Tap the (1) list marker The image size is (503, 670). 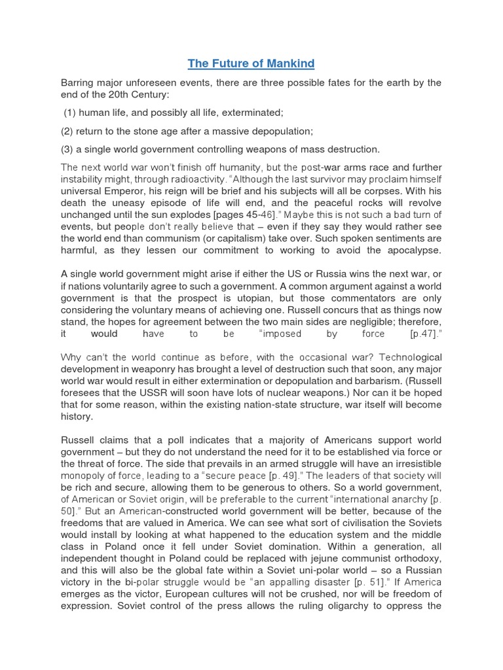pyautogui.click(x=70, y=113)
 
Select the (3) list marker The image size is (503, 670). pyautogui.click(x=68, y=149)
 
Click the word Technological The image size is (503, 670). pyautogui.click(x=410, y=357)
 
